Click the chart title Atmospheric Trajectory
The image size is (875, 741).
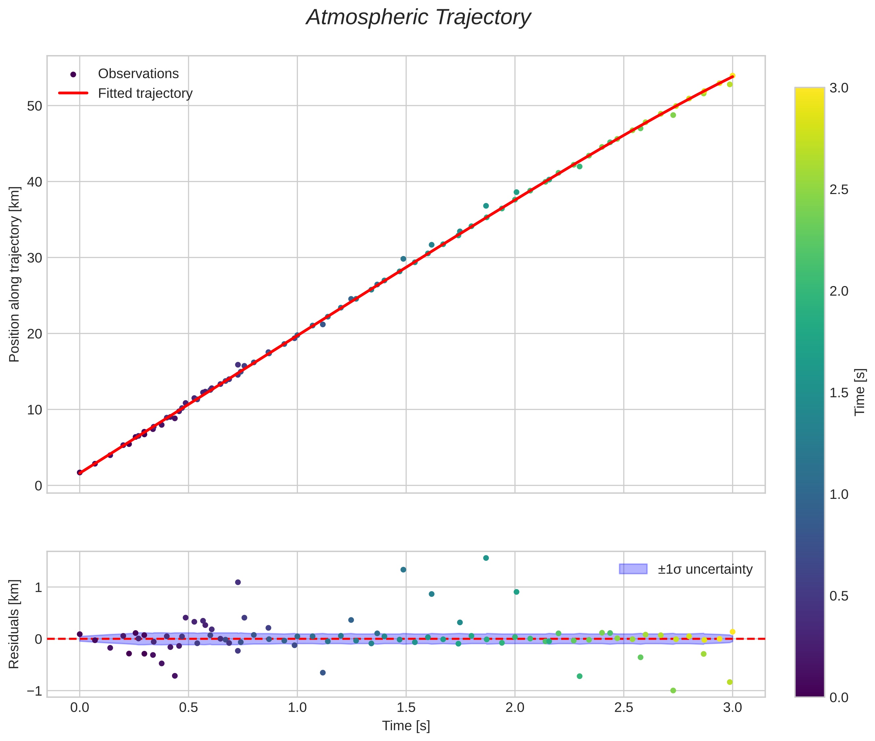[418, 17]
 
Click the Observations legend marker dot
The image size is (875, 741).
[73, 74]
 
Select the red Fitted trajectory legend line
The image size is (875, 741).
[73, 93]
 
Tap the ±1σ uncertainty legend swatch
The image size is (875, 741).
[633, 569]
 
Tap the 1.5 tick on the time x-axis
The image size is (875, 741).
[406, 707]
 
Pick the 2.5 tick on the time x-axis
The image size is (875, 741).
[623, 707]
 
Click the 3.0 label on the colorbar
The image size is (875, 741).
[839, 88]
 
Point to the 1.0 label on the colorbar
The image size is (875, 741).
[839, 495]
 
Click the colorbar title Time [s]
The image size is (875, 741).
[860, 392]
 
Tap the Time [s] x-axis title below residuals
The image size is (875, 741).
[406, 726]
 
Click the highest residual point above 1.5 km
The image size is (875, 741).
[486, 558]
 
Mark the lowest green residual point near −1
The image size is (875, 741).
[673, 691]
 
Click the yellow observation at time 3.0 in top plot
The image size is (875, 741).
[732, 76]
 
